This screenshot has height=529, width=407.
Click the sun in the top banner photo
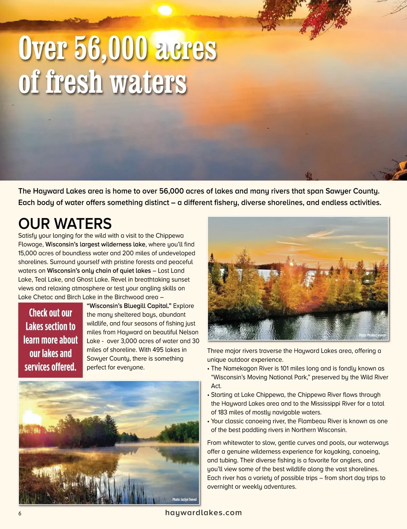(x=165, y=10)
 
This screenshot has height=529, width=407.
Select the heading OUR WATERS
(x=65, y=224)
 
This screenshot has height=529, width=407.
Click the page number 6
(x=20, y=513)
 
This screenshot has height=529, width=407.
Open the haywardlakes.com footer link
(x=203, y=513)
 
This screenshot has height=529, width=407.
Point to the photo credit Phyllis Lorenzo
(x=372, y=335)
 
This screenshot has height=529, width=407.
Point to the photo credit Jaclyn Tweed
(x=184, y=499)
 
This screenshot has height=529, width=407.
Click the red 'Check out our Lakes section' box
(x=51, y=340)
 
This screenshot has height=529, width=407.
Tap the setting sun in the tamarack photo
(x=290, y=264)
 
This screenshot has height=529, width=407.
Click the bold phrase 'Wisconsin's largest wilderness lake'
(x=95, y=244)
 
